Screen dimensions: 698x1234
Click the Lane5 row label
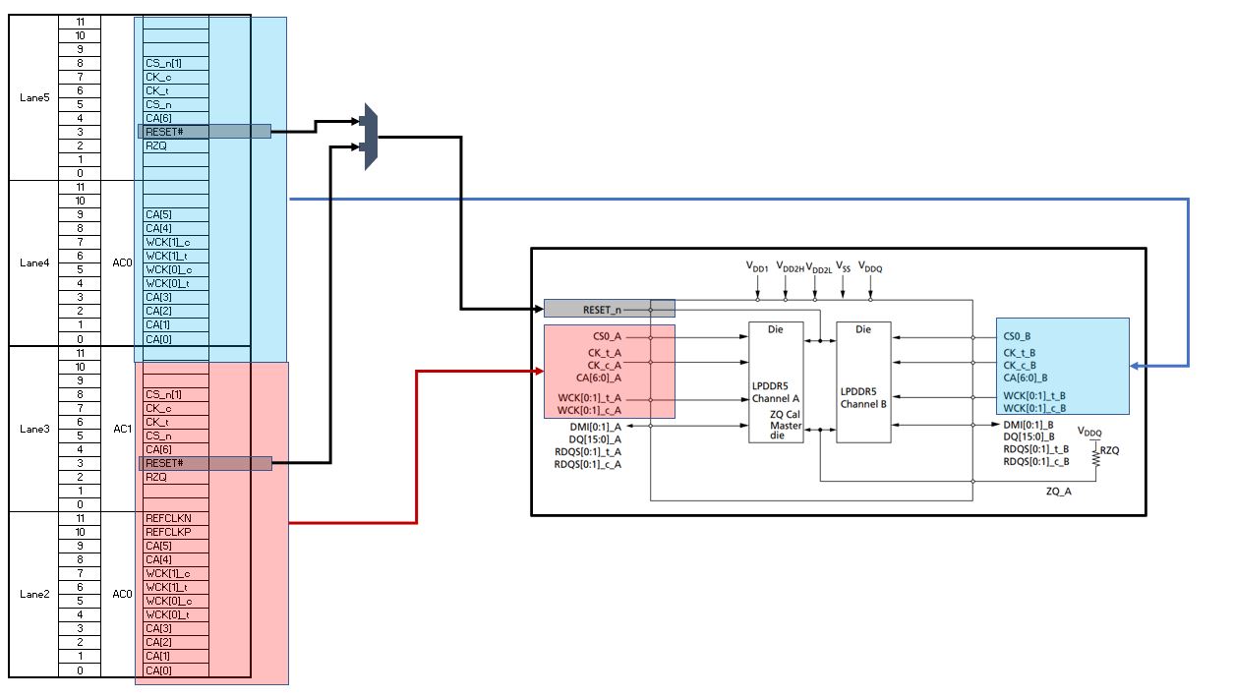33,97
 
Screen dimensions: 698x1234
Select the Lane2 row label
33,594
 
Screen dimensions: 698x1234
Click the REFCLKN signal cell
163,517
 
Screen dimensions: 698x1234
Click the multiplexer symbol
371,136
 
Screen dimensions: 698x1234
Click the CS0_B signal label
1019,335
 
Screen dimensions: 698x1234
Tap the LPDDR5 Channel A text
776,392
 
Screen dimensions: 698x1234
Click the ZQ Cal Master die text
787,425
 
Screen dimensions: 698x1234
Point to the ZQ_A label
1058,491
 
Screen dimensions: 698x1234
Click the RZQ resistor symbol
1093,451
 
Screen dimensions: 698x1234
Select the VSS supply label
843,266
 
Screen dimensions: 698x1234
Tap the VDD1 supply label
757,266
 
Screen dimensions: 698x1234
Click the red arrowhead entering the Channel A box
539,371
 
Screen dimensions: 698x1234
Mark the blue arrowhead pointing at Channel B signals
1136,366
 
